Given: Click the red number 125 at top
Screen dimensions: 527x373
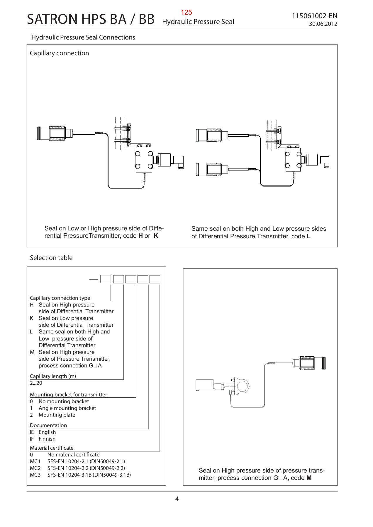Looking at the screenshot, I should click(186, 12).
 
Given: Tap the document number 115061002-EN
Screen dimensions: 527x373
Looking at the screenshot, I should click(314, 16).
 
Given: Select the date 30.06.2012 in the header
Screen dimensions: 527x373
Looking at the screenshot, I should click(323, 24).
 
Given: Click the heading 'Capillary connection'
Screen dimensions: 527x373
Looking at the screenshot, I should click(59, 53).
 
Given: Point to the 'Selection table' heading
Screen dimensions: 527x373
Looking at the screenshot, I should click(51, 258).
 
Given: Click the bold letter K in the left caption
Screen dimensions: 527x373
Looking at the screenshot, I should click(156, 236).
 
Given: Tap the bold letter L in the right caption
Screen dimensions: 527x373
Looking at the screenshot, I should click(308, 237).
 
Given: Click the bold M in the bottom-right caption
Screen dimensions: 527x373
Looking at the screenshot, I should click(309, 478).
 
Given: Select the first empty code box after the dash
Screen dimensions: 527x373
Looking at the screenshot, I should click(106, 279).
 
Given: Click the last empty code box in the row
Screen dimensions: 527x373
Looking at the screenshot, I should click(155, 279).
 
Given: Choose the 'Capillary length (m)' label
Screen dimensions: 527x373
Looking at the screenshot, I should click(53, 376).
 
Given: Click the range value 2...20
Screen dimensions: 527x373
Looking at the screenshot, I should click(36, 383).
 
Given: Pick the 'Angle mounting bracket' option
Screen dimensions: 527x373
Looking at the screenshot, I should click(67, 408).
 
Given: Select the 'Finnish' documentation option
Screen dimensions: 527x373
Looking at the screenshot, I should click(47, 439).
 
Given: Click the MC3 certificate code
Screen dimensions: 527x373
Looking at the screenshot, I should click(35, 475).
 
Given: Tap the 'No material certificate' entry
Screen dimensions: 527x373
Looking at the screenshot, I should click(73, 455).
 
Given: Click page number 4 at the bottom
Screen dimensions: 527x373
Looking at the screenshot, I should click(177, 499).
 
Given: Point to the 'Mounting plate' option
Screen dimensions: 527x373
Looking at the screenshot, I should click(57, 415).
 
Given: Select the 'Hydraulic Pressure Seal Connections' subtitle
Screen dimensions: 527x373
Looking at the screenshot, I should click(83, 37).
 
